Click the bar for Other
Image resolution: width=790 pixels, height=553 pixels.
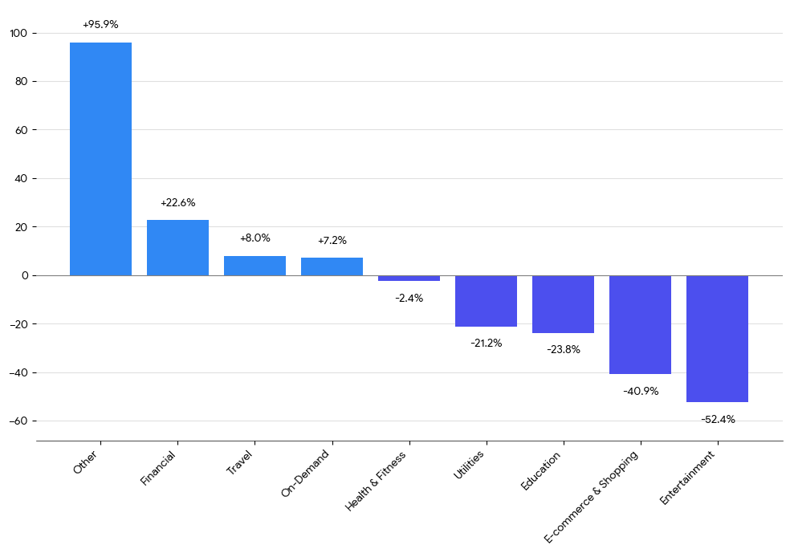coord(100,159)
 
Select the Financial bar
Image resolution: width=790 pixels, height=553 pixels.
coord(177,247)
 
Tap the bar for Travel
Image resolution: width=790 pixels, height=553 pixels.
coord(255,266)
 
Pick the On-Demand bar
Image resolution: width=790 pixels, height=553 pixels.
coord(332,266)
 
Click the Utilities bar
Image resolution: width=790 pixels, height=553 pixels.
coord(486,301)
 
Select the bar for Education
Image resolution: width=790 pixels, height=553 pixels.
coord(563,304)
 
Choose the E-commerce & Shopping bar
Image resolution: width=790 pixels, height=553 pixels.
coord(640,325)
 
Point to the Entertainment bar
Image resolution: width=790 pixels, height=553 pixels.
coord(717,339)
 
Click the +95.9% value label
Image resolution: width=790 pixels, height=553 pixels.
coord(100,25)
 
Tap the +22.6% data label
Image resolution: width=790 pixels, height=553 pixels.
coord(177,203)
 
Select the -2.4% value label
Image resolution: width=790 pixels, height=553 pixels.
coord(409,298)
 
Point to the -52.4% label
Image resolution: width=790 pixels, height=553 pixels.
coord(717,419)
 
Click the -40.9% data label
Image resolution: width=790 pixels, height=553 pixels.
coord(640,391)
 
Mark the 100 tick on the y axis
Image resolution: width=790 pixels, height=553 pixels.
coord(18,33)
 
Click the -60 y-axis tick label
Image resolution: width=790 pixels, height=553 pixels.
coord(18,421)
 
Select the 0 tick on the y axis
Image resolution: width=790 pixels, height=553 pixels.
coord(24,275)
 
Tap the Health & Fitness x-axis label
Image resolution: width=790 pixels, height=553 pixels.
coord(376,482)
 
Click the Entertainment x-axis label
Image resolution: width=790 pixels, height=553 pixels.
coord(687,478)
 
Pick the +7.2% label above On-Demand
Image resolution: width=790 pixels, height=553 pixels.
coord(332,241)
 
